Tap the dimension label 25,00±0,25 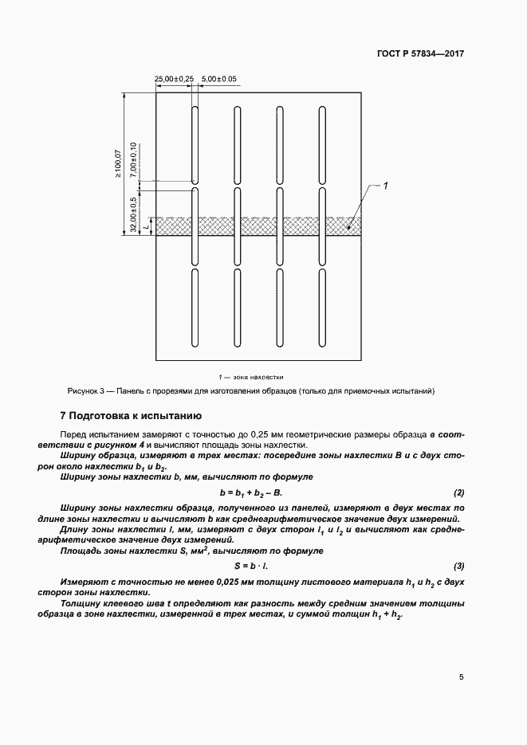pos(174,79)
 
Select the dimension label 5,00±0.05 pos(220,79)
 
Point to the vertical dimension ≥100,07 pos(119,163)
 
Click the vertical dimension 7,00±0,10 pos(133,159)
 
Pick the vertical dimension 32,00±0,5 pos(133,215)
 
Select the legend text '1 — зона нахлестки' pos(251,376)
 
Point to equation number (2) pos(458,493)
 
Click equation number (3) pos(458,566)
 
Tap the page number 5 pos(462,677)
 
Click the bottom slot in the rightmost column pos(322,307)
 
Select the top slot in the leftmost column pos(194,143)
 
